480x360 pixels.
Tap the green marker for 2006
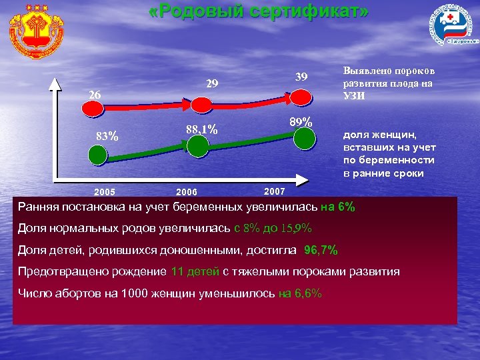[197, 147]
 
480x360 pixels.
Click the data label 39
[301, 77]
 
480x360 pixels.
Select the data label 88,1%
[202, 129]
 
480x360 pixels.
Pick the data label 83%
[107, 137]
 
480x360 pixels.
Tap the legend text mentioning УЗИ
[387, 83]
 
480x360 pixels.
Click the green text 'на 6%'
[338, 207]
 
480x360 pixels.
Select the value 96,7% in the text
[321, 250]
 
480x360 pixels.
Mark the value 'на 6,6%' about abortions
[300, 293]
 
